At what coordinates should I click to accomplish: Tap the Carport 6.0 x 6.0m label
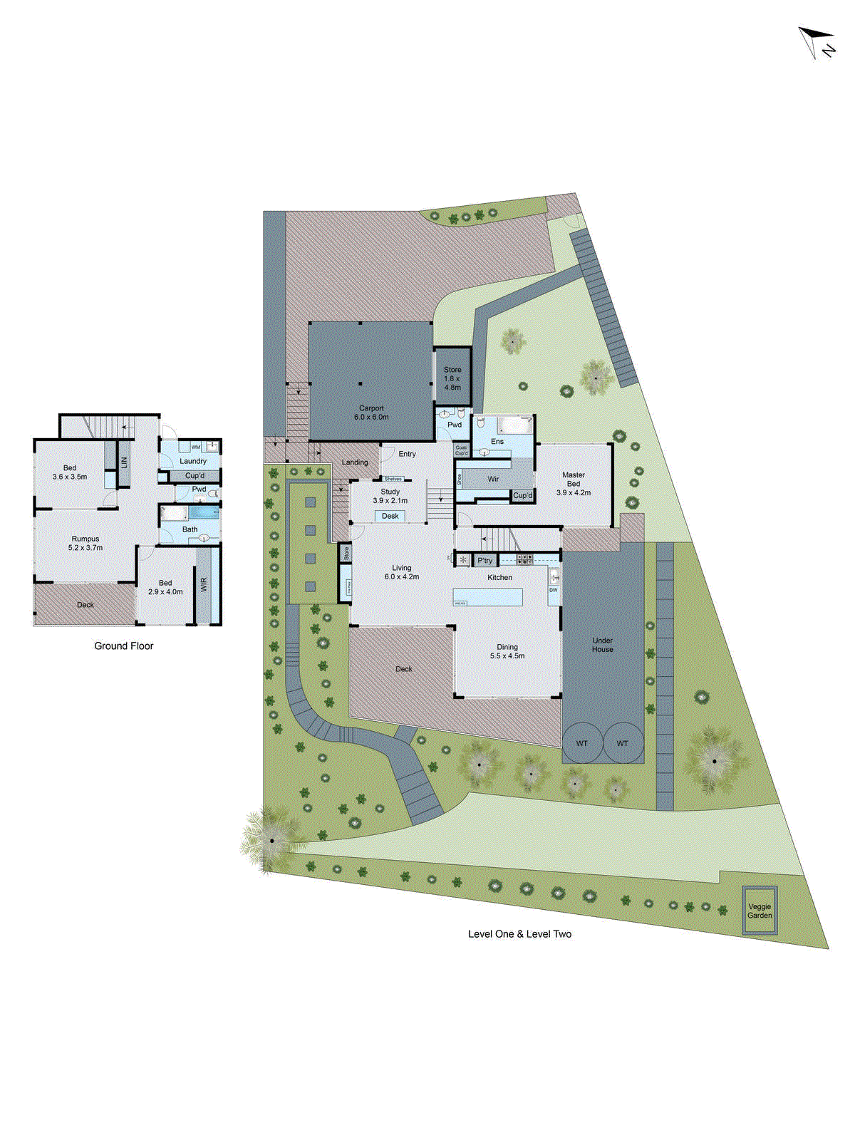[x=371, y=413]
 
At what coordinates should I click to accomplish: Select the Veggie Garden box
[x=760, y=911]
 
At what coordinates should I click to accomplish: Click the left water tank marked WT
[x=582, y=743]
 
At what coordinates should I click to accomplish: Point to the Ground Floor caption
[x=124, y=646]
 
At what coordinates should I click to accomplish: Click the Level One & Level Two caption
[x=519, y=933]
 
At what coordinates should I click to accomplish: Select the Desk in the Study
[x=390, y=516]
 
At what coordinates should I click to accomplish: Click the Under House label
[x=603, y=645]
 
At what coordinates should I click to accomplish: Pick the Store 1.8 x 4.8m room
[x=452, y=378]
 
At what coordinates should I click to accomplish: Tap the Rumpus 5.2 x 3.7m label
[x=85, y=543]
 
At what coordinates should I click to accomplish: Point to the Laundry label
[x=193, y=461]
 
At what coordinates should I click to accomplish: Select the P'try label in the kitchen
[x=484, y=560]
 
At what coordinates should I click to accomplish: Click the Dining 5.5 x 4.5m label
[x=507, y=651]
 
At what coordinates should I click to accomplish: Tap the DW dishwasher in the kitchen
[x=554, y=591]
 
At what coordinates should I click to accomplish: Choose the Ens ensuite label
[x=497, y=442]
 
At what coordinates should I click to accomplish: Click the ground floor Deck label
[x=85, y=605]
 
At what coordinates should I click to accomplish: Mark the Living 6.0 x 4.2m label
[x=402, y=572]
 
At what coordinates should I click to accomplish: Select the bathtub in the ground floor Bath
[x=203, y=512]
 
